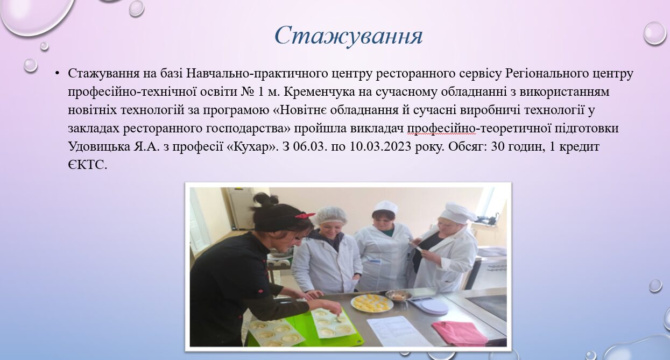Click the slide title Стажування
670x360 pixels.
(349, 36)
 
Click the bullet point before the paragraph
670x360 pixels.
(58, 73)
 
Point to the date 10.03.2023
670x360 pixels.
(380, 146)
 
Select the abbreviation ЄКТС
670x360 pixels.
(87, 165)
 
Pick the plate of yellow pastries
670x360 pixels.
(372, 303)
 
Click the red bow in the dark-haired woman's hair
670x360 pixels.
(304, 215)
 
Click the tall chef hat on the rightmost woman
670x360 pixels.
(457, 212)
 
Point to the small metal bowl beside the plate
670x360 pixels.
(398, 295)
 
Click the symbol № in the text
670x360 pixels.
(247, 91)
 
